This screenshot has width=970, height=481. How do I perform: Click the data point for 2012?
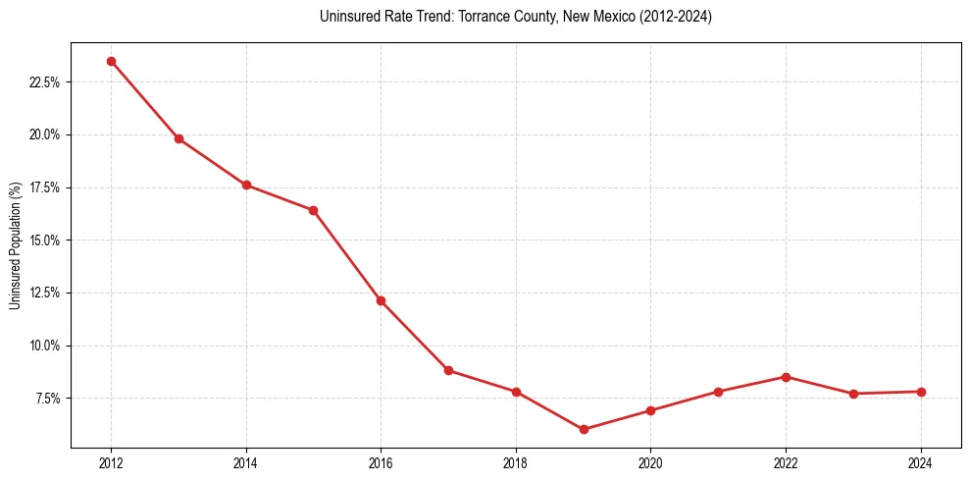(111, 61)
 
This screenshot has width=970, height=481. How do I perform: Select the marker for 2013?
(179, 138)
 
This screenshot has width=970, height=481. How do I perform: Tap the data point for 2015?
(313, 210)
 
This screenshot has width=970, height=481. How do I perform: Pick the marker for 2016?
(381, 300)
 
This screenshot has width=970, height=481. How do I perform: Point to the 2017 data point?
(448, 370)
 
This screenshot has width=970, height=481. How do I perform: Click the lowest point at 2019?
(584, 429)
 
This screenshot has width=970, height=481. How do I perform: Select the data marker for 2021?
(718, 392)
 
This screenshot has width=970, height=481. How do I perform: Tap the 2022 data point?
(786, 377)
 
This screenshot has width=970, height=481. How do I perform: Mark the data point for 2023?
(853, 394)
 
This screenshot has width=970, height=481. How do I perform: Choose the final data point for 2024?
(921, 392)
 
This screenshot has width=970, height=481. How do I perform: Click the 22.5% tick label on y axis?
(45, 82)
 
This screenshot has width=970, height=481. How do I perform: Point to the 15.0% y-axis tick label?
(45, 240)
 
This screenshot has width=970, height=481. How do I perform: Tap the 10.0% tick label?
(45, 346)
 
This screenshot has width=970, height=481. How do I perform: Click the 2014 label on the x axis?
(246, 462)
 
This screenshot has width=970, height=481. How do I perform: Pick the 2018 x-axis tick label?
(516, 462)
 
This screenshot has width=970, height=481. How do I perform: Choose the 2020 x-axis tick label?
(650, 462)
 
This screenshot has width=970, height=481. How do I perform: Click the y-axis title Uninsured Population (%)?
(15, 245)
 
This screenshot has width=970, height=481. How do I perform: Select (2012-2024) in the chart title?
(675, 17)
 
